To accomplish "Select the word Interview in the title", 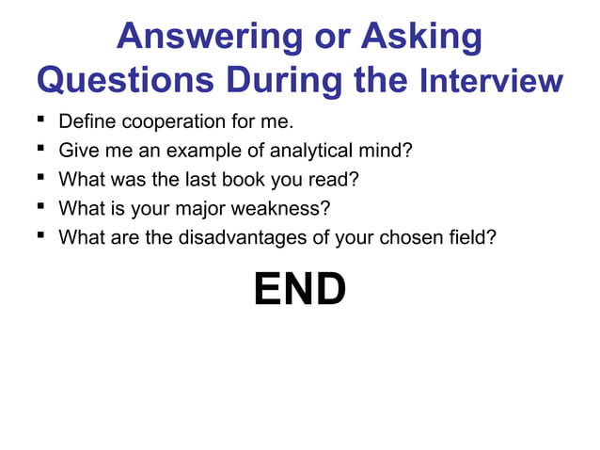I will pyautogui.click(x=489, y=82).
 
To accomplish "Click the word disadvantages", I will pyautogui.click(x=239, y=236).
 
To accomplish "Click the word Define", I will pyautogui.click(x=85, y=122).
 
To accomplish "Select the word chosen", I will pyautogui.click(x=405, y=236).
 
